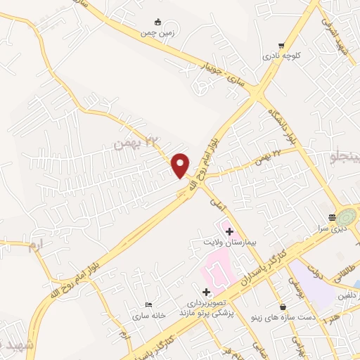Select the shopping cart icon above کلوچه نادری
tap(281, 43)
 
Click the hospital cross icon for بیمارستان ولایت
tap(229, 230)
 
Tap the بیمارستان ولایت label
tap(222, 242)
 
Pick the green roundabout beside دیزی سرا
tap(347, 218)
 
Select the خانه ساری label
tap(148, 316)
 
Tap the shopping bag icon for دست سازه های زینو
tap(282, 307)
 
